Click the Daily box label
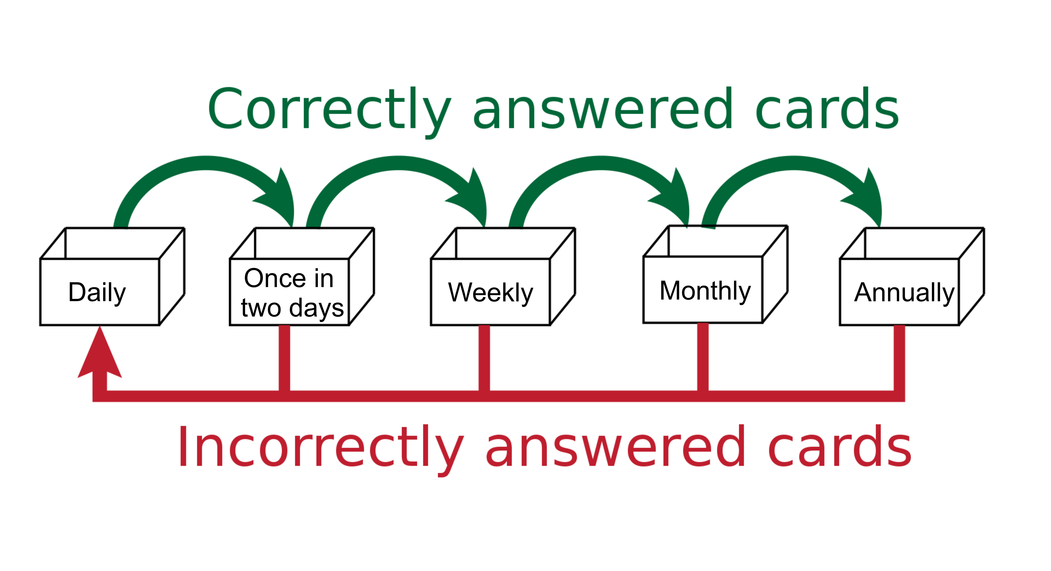97,293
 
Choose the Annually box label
904,293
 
